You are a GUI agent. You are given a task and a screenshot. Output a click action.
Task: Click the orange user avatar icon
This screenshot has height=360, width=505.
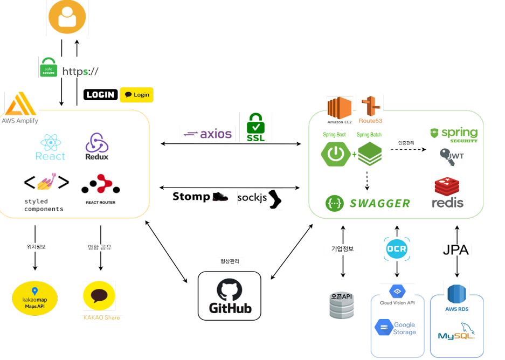pyautogui.click(x=67, y=17)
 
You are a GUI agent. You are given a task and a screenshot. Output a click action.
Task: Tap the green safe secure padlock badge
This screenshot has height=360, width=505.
pyautogui.click(x=49, y=67)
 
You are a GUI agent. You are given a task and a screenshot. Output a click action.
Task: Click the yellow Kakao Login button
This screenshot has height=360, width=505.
pyautogui.click(x=137, y=95)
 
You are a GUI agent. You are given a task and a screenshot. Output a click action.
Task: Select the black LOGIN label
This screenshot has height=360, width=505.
pyautogui.click(x=101, y=95)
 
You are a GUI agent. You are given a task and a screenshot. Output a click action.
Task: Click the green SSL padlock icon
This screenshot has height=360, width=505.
pyautogui.click(x=255, y=127)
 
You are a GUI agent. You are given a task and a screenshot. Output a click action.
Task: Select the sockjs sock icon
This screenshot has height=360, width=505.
pyautogui.click(x=274, y=198)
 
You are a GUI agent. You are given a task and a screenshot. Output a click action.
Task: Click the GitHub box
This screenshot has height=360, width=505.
pyautogui.click(x=230, y=295)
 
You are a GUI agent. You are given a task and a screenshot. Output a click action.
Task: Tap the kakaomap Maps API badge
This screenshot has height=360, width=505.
pyautogui.click(x=34, y=298)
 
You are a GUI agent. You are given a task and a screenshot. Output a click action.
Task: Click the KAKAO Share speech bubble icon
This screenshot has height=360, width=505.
pyautogui.click(x=99, y=296)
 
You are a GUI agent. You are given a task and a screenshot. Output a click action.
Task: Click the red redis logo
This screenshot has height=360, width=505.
pyautogui.click(x=447, y=193)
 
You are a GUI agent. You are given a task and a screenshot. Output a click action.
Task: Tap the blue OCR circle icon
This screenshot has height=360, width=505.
pyautogui.click(x=397, y=249)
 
